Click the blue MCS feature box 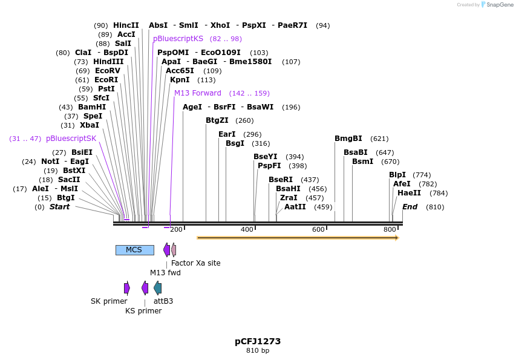tap(134, 250)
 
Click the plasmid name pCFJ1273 tap(258, 341)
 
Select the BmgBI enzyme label tap(348, 139)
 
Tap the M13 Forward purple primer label tap(198, 93)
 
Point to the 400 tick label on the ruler tap(247, 230)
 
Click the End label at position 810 tap(410, 207)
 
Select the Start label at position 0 tap(59, 207)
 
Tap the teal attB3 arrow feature tap(158, 287)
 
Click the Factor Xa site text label tap(195, 263)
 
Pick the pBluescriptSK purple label tap(71, 139)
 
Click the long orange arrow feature tap(296, 238)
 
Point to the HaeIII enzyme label tap(410, 193)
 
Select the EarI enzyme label tap(227, 134)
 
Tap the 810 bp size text tap(258, 351)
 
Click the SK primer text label tap(109, 301)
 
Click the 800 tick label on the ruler tap(390, 230)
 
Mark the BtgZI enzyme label tap(217, 120)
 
